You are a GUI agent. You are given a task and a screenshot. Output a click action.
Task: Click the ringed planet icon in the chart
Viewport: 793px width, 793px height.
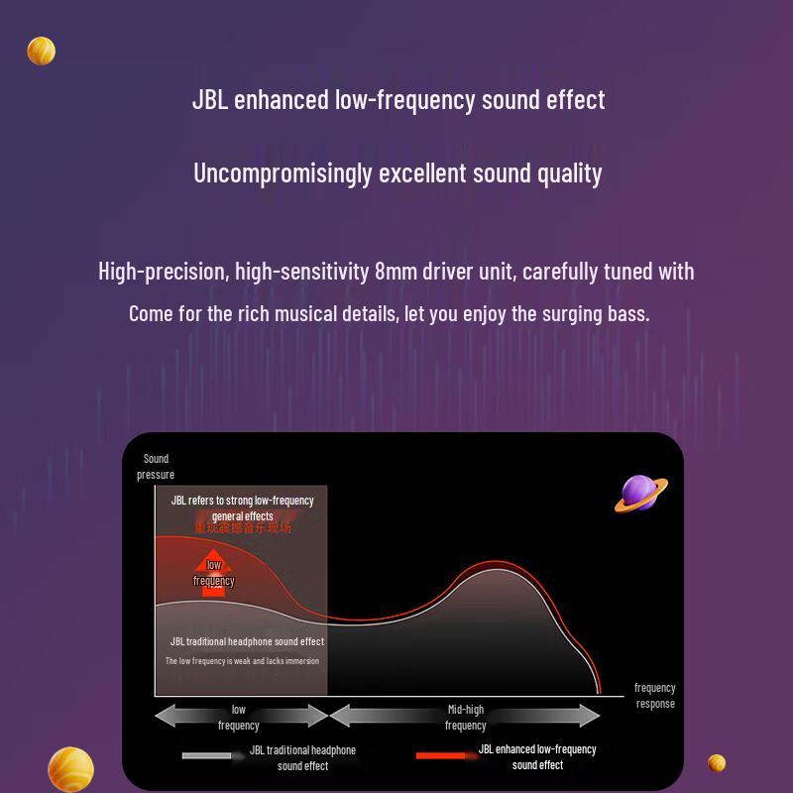pos(640,494)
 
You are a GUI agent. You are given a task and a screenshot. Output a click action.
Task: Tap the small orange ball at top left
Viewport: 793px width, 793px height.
pos(41,51)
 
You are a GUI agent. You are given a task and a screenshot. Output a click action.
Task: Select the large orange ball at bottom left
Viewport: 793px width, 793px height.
pos(70,770)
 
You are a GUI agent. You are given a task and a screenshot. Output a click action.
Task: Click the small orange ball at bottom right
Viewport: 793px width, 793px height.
pos(717,762)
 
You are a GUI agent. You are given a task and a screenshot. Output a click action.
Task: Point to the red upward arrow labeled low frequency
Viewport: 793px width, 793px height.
pos(213,575)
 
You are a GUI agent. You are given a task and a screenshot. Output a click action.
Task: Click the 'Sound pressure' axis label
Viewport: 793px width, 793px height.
pos(156,467)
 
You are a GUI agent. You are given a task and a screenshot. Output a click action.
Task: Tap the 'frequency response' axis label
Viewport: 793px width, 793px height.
pos(654,695)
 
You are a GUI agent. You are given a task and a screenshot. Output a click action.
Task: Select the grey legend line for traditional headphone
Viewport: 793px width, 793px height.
pos(206,756)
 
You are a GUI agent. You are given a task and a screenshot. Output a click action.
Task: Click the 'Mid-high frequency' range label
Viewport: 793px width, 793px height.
pos(465,717)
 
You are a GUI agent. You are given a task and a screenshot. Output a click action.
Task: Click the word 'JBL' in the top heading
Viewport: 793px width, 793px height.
pos(209,100)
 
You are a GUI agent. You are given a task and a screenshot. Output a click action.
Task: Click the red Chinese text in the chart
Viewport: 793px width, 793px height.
pos(242,528)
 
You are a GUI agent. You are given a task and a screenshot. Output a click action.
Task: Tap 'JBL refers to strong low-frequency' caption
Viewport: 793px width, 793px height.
pos(242,501)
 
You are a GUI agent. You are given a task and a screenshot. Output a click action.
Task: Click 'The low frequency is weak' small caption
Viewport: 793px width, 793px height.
pos(242,661)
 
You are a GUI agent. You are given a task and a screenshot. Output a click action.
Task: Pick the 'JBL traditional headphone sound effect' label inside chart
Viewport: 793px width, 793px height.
pos(247,641)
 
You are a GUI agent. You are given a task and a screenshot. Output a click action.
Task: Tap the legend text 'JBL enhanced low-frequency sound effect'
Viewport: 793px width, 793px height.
pos(537,757)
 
